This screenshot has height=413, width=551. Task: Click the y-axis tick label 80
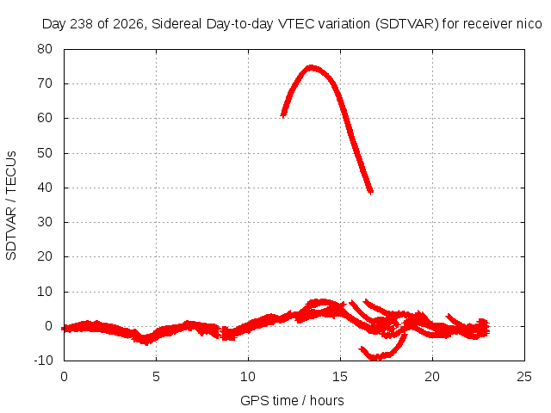tap(45, 49)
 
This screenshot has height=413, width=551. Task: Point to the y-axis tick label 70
tap(45, 83)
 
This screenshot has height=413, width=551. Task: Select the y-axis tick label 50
tap(45, 153)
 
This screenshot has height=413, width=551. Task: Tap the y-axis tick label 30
tap(45, 222)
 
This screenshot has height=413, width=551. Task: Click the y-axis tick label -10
tap(43, 361)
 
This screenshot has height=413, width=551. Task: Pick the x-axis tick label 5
tap(156, 377)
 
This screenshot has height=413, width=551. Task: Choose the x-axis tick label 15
tap(340, 377)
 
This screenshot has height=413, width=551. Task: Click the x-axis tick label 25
tap(524, 377)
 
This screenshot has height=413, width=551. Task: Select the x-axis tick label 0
tap(64, 377)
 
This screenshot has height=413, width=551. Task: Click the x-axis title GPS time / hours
tap(292, 401)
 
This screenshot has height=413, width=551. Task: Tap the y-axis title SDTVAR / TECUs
tap(11, 206)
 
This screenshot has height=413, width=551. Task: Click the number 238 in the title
tap(81, 24)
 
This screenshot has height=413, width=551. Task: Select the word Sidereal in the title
tap(176, 24)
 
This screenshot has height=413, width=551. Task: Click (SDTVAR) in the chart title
tap(407, 24)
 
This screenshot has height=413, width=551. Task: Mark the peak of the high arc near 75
tap(311, 67)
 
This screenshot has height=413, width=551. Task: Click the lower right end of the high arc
tap(371, 192)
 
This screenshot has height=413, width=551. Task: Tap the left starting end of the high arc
tap(283, 114)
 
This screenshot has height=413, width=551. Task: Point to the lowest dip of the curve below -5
tap(376, 358)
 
